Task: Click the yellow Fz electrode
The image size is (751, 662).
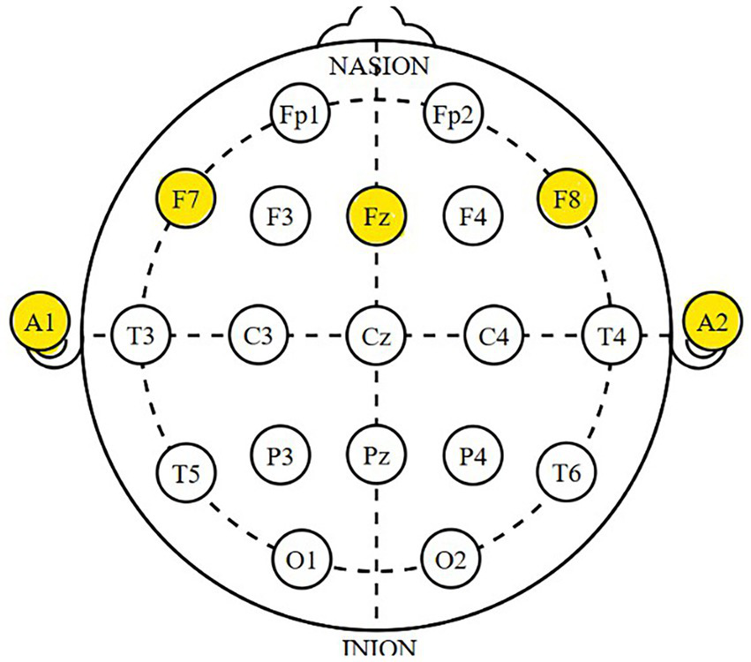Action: click(x=377, y=215)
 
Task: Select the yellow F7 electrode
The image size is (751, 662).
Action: click(x=184, y=199)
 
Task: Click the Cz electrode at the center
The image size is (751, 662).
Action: click(x=377, y=335)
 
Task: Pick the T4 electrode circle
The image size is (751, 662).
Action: click(x=611, y=335)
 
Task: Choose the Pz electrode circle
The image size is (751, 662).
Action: click(x=377, y=455)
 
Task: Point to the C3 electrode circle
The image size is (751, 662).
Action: click(x=257, y=335)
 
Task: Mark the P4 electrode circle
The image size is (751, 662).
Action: click(x=471, y=455)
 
